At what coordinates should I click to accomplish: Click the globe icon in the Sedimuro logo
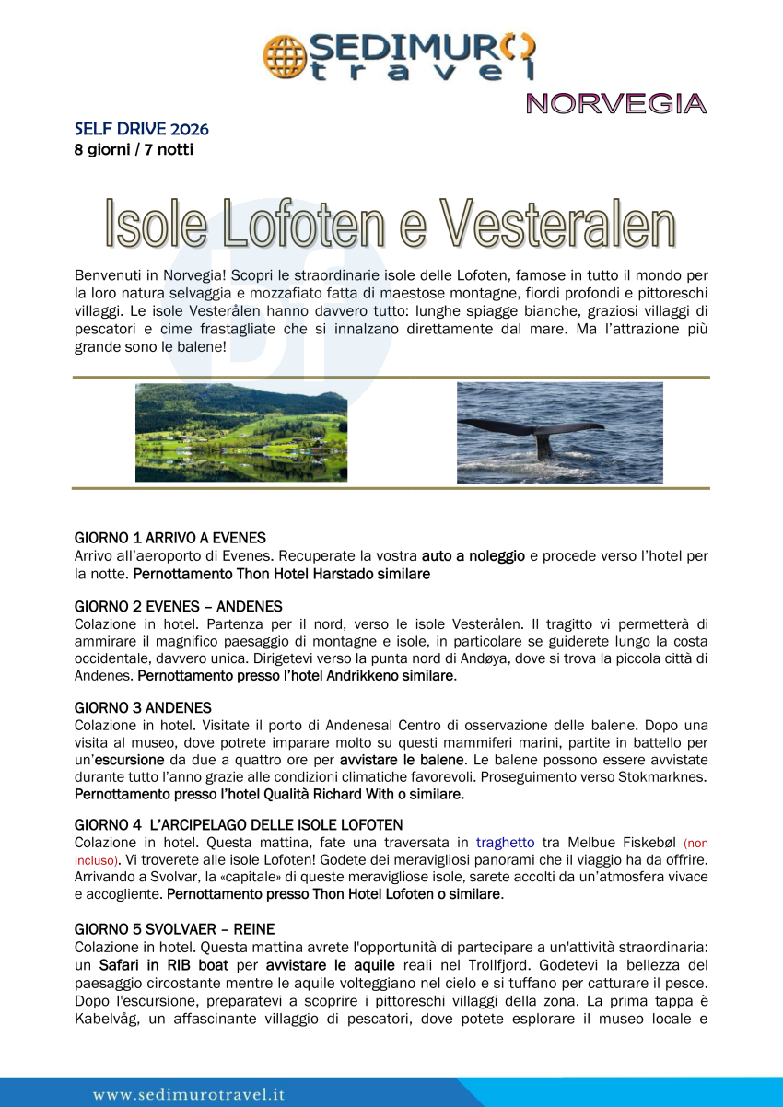[284, 55]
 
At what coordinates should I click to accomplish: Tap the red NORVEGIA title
[616, 104]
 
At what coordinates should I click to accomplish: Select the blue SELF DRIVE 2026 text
[141, 129]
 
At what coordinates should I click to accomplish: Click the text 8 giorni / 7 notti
[134, 148]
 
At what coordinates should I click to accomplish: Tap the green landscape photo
[241, 432]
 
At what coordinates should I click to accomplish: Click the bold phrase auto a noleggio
[473, 556]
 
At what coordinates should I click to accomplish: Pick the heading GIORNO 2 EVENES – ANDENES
[178, 606]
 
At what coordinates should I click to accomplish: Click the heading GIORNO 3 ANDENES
[143, 707]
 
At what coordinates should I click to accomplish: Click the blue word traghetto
[505, 843]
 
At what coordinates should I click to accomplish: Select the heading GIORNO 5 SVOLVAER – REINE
[174, 929]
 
